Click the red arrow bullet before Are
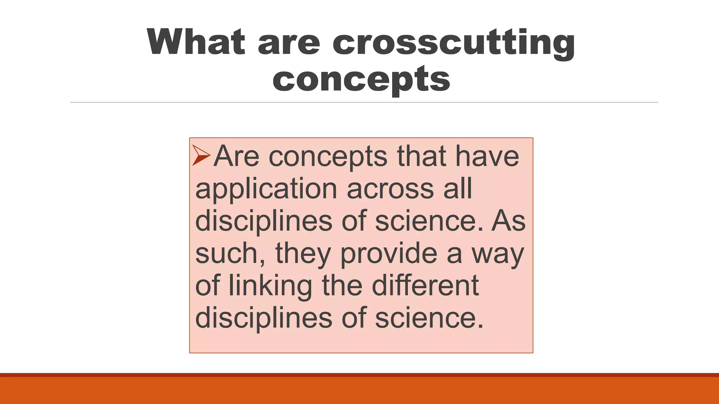201,156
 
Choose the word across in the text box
390,189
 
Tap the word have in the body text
487,156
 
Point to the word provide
389,253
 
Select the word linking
270,286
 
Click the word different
425,285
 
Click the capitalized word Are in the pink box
236,156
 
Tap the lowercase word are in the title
289,43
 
